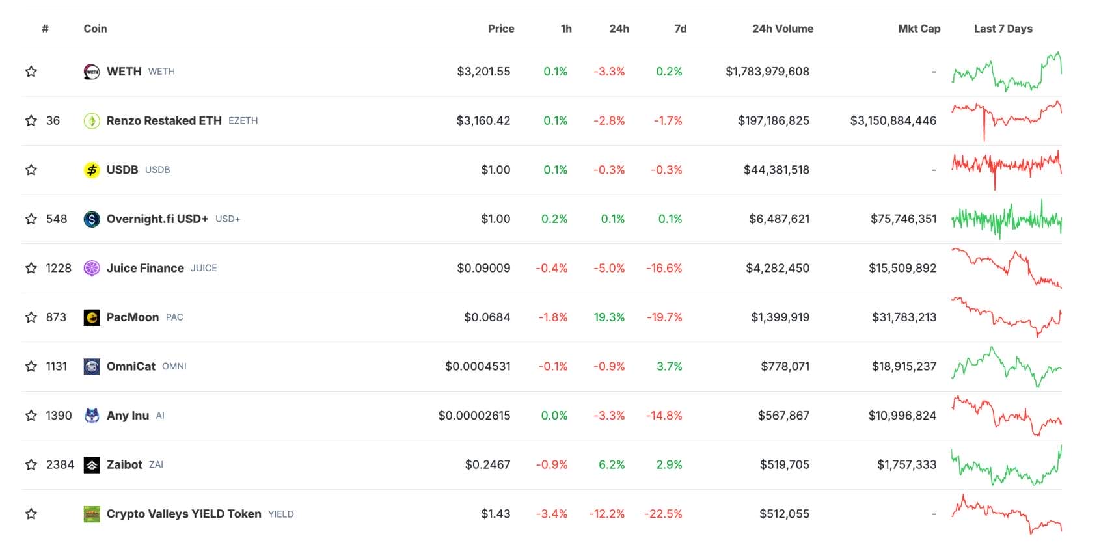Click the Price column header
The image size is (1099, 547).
click(500, 29)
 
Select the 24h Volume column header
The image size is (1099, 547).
click(782, 29)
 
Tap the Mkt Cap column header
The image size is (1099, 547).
click(919, 29)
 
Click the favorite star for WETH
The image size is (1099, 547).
click(31, 72)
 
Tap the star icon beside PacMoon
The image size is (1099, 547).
click(31, 317)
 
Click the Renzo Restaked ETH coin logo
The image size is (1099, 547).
click(92, 121)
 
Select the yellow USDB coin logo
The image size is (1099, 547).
click(92, 170)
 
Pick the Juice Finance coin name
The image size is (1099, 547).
click(145, 268)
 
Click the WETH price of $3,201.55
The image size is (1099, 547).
click(483, 72)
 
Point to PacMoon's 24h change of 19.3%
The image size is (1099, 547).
click(609, 317)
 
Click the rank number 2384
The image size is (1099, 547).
click(60, 465)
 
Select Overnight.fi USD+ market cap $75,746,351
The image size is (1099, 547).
click(903, 219)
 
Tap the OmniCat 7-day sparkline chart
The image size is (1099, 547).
click(1006, 367)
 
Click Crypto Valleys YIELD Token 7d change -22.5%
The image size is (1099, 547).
click(663, 514)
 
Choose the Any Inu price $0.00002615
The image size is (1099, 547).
click(474, 416)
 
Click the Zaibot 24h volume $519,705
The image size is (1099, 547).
click(784, 465)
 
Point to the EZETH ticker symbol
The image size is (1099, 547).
click(243, 121)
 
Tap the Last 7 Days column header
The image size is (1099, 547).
click(1003, 29)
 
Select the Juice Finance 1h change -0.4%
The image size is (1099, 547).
click(551, 268)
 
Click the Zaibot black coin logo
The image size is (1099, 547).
click(92, 465)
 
